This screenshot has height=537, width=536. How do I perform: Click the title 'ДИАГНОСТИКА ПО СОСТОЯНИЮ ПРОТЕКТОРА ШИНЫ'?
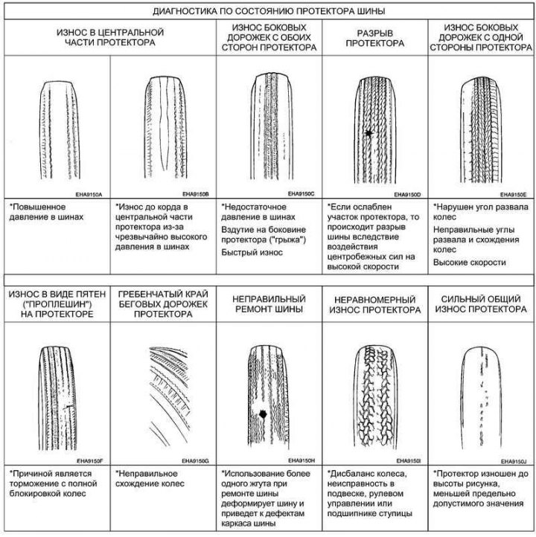[x=269, y=11]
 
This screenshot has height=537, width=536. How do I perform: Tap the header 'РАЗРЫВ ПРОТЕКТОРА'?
[x=375, y=38]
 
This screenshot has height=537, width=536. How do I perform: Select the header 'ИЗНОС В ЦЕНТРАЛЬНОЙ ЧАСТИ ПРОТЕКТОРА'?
[x=110, y=37]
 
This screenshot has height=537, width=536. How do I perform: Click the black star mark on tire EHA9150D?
[x=368, y=133]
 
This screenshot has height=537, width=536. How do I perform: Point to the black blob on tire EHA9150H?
[x=263, y=414]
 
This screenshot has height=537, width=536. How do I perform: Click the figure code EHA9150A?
[x=89, y=195]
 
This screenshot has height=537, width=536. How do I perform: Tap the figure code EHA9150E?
[x=513, y=195]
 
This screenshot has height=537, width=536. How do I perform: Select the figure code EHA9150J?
[x=514, y=461]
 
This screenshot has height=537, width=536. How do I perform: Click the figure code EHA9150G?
[x=195, y=461]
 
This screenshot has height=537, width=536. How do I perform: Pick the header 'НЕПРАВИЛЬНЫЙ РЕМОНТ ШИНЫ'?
[x=269, y=303]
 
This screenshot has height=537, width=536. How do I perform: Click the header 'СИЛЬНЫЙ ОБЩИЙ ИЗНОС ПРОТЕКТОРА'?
[x=481, y=304]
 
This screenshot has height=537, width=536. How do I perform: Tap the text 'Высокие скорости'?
[x=470, y=263]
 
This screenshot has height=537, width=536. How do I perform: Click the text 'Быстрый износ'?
[x=252, y=252]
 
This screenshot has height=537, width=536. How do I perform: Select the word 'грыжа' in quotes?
[x=288, y=239]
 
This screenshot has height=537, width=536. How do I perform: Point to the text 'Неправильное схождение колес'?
[x=150, y=478]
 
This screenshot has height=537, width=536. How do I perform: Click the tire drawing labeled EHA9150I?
[x=375, y=397]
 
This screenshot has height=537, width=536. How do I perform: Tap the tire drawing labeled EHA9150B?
[x=165, y=127]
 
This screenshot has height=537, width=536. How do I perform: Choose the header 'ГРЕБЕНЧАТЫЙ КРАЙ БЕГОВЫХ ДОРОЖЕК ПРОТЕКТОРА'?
[x=163, y=303]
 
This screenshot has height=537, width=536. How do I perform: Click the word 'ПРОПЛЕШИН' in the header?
[x=57, y=304]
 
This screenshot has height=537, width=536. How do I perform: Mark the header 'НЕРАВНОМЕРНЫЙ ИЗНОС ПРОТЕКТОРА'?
[x=375, y=305]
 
